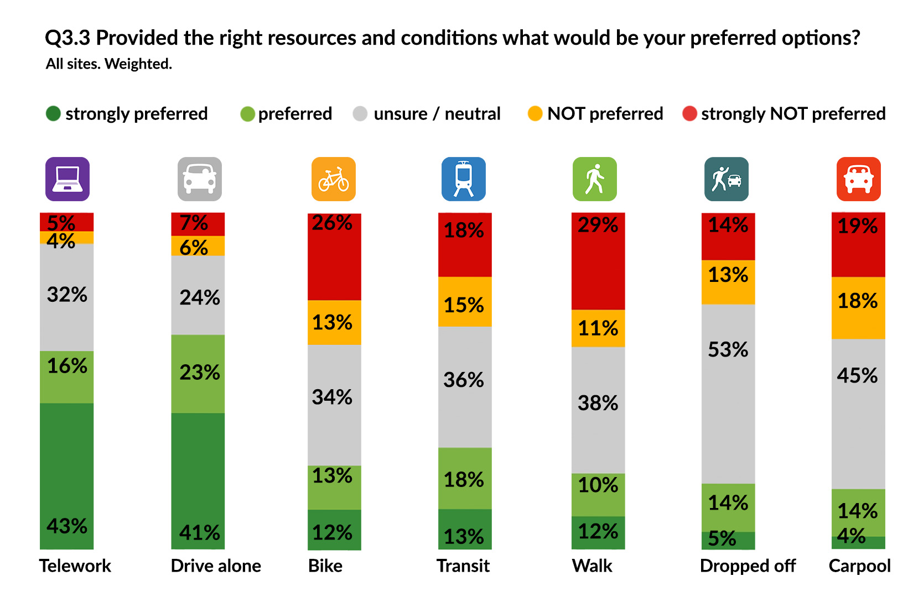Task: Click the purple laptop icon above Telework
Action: [68, 179]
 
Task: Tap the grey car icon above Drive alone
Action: [200, 179]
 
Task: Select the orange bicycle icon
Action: [334, 179]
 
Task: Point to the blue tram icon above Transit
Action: [464, 179]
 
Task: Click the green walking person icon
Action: [595, 179]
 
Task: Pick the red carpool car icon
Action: [859, 179]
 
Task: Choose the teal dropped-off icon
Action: [727, 179]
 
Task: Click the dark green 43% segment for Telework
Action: [67, 475]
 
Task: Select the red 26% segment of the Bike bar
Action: [334, 257]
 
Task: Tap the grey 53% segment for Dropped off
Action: [728, 394]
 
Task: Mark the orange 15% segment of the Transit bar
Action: [465, 302]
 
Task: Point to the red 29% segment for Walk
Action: [598, 261]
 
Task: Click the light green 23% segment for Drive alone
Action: [198, 374]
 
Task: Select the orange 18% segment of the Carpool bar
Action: [858, 308]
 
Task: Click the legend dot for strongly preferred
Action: [53, 114]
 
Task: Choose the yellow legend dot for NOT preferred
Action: [535, 114]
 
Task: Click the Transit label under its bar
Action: [463, 566]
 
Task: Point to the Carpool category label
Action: [859, 566]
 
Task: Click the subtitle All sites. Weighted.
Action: [109, 64]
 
